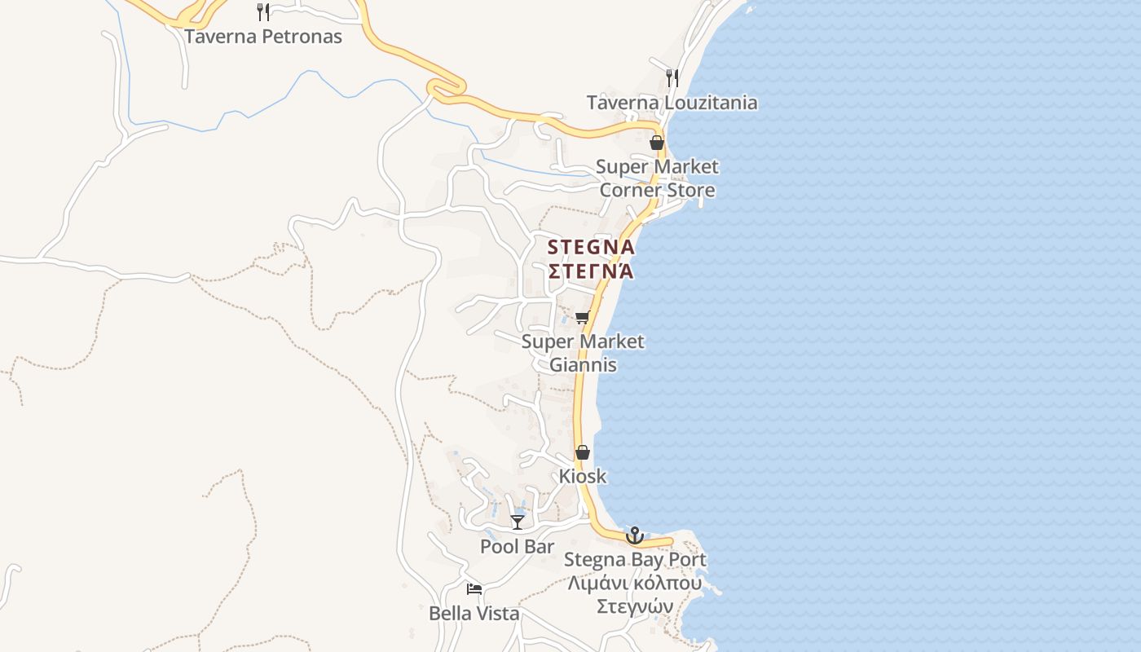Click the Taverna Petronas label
262,37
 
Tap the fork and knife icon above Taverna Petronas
262,12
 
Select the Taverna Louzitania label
672,103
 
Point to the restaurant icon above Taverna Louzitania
672,78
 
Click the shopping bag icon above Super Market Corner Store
657,143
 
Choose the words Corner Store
657,191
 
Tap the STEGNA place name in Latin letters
591,246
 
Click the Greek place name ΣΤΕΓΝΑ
591,271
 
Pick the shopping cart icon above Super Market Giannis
582,317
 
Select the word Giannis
583,364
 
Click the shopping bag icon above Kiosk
583,452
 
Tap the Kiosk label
583,476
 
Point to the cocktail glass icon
518,522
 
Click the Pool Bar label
517,547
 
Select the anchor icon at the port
634,535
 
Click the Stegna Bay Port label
635,560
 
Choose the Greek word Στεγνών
635,607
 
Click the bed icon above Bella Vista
474,589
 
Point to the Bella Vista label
474,614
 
